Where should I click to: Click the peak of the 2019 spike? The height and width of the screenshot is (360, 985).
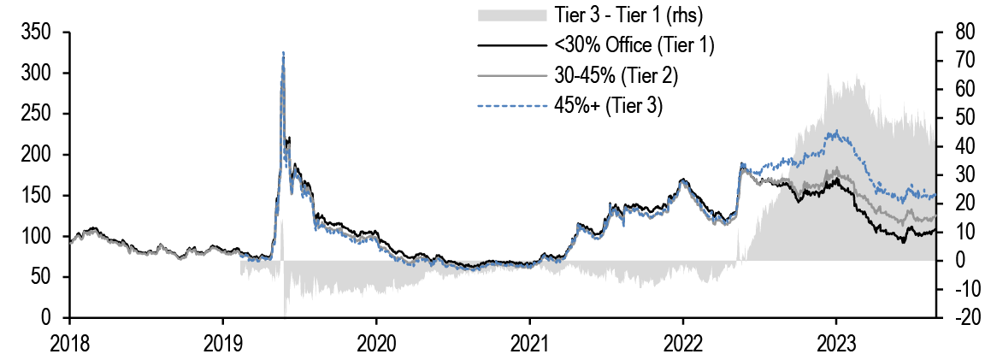click(x=283, y=52)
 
